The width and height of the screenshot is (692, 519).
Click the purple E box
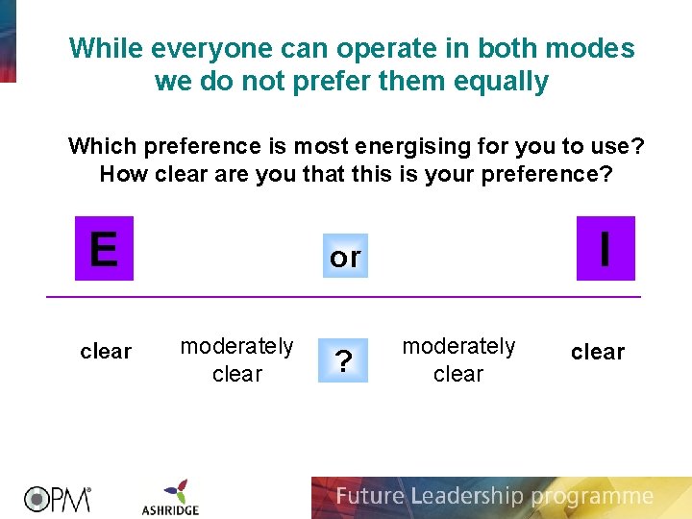pos(104,249)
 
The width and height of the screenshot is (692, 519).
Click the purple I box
pos(605,249)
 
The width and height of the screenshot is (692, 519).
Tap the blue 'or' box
pos(345,257)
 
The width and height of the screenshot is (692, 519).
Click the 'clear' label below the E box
pos(106,352)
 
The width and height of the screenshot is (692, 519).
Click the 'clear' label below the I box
pos(598,352)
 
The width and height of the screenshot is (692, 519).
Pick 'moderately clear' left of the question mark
pos(237,359)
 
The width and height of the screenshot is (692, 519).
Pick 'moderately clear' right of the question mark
pos(458,359)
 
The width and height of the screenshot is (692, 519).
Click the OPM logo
pos(58,498)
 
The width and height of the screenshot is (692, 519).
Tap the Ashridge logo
pos(170,497)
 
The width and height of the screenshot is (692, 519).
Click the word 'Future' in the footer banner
pos(370,497)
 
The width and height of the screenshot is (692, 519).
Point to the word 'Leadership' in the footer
pos(465,497)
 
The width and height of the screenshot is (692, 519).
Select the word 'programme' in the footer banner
pos(591,497)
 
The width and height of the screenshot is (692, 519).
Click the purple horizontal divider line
pos(343,297)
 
